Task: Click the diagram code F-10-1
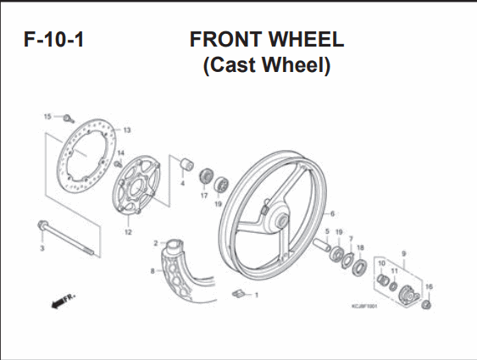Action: [53, 40]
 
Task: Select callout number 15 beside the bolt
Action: [47, 116]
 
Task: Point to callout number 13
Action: [127, 130]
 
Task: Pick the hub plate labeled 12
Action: [136, 186]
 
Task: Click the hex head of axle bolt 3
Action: [42, 225]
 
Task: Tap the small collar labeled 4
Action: [186, 163]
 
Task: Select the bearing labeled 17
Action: [206, 175]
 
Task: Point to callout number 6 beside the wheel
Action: [332, 213]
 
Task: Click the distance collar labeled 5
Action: [322, 245]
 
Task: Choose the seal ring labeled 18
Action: [359, 268]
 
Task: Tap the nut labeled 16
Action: [426, 305]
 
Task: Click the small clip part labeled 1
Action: [239, 294]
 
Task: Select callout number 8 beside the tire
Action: [153, 270]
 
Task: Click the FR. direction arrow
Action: [64, 301]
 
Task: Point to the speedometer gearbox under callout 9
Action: [409, 294]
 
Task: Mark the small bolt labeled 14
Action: [118, 164]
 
